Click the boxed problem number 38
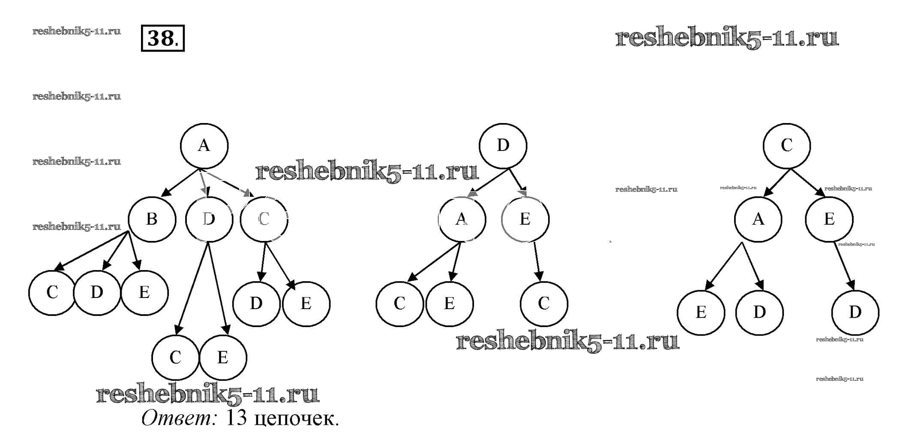[162, 39]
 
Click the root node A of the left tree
[204, 146]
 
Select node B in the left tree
[152, 219]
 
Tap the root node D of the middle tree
[503, 146]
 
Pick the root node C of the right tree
[786, 146]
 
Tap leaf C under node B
[52, 293]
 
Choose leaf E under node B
[144, 293]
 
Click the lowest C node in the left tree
[175, 358]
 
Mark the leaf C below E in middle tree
[543, 304]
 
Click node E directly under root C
[829, 219]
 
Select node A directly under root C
[758, 219]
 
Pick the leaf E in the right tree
[701, 313]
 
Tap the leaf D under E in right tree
[855, 313]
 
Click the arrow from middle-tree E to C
[537, 262]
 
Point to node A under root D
[462, 219]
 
